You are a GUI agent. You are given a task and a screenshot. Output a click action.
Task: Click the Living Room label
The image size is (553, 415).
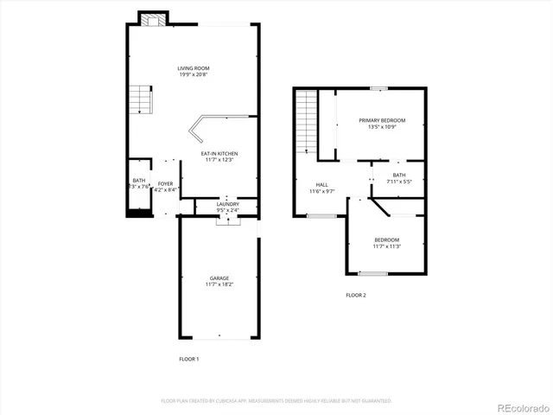pyautogui.click(x=194, y=68)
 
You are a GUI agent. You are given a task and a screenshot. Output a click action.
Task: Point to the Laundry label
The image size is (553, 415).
pyautogui.click(x=227, y=204)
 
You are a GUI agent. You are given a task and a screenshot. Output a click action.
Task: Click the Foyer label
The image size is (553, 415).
pyautogui.click(x=165, y=183)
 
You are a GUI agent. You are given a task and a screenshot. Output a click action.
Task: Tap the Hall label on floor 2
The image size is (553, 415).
pyautogui.click(x=321, y=184)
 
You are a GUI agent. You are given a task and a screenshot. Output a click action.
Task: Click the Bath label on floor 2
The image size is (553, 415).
pyautogui.click(x=398, y=176)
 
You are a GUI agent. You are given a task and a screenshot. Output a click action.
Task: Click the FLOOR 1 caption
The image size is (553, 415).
pyautogui.click(x=188, y=358)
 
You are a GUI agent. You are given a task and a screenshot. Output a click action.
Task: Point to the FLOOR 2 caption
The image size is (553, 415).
pyautogui.click(x=356, y=296)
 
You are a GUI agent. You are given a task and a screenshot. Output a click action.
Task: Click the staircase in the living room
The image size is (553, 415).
pyautogui.click(x=141, y=100)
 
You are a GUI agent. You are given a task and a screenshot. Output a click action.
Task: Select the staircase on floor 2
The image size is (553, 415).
pyautogui.click(x=306, y=121)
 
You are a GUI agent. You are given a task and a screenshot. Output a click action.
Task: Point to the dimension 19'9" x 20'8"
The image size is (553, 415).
pyautogui.click(x=194, y=74)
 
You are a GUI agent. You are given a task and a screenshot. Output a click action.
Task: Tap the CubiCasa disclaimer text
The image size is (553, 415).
pyautogui.click(x=276, y=401)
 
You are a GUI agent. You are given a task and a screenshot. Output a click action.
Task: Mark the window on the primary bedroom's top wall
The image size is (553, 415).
pyautogui.click(x=377, y=88)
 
